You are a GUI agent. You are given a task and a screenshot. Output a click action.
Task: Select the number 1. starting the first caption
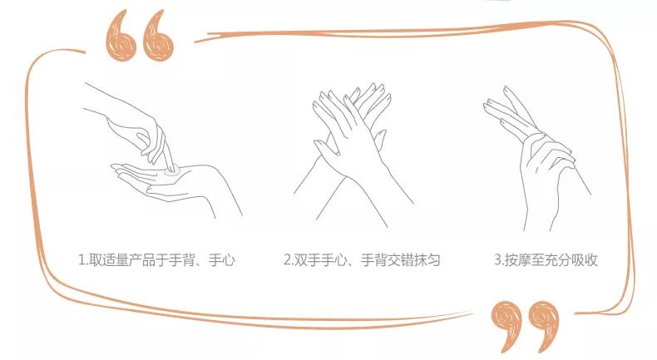pyautogui.click(x=83, y=260)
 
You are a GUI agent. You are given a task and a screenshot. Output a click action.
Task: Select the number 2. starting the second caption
pyautogui.click(x=288, y=260)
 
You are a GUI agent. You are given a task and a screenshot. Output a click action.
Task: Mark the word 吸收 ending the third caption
pyautogui.click(x=583, y=260)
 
